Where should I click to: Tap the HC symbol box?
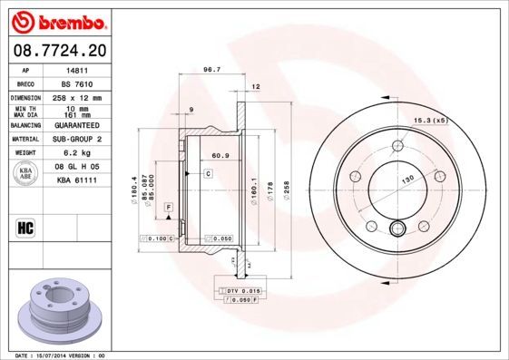pos(26,226)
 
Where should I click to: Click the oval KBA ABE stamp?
pos(26,174)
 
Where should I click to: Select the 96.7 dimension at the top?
pos(212,69)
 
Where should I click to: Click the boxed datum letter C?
pos(207,172)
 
